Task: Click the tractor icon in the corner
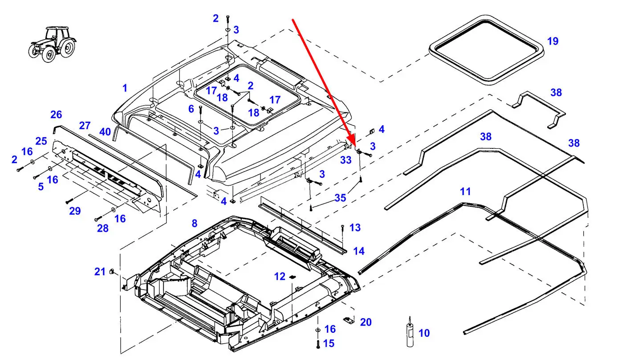coord(53,44)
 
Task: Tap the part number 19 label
coord(553,41)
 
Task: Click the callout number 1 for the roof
coord(125,88)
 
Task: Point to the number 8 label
coord(194,223)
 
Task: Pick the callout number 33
coord(346,160)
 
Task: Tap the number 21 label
coord(100,271)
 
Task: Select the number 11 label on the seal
coord(465,192)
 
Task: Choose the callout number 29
coord(75,211)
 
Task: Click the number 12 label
coord(280,277)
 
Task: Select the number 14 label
coord(358,251)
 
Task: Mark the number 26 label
coord(56,115)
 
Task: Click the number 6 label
coord(191,108)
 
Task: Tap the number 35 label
coord(340,197)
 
